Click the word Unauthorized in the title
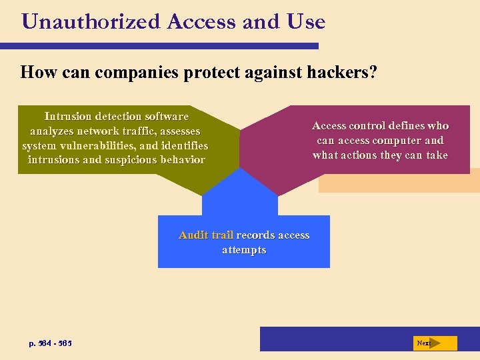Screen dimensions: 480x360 91,22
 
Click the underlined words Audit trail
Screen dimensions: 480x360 206,235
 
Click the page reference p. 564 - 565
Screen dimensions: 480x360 51,343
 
